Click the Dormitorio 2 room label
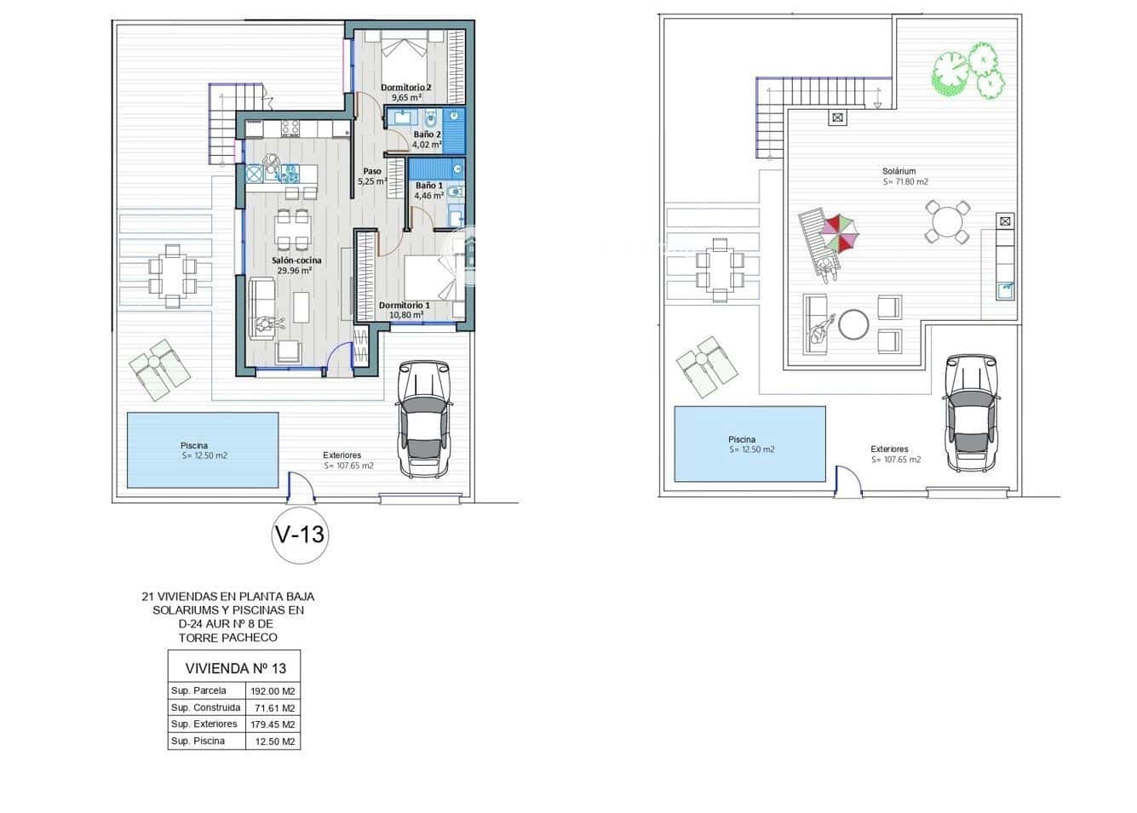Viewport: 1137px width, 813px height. pos(405,92)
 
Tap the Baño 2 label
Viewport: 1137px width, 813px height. pos(427,140)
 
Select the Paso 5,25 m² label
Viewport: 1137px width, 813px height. pos(372,176)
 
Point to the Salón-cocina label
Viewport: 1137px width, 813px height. pos(296,266)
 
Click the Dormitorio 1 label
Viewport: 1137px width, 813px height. pos(405,310)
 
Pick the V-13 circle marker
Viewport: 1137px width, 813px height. pos(300,535)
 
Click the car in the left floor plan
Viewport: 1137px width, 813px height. pos(424,419)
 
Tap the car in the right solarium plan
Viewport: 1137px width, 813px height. pos(971,413)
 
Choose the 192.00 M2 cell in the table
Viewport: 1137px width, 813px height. pos(273,691)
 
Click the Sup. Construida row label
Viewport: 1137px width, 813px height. pos(205,707)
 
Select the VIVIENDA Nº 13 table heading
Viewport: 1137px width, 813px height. pos(236,668)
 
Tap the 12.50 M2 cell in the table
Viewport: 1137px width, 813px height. pos(274,741)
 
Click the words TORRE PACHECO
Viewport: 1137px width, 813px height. pos(228,638)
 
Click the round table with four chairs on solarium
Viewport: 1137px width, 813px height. pos(947,222)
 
